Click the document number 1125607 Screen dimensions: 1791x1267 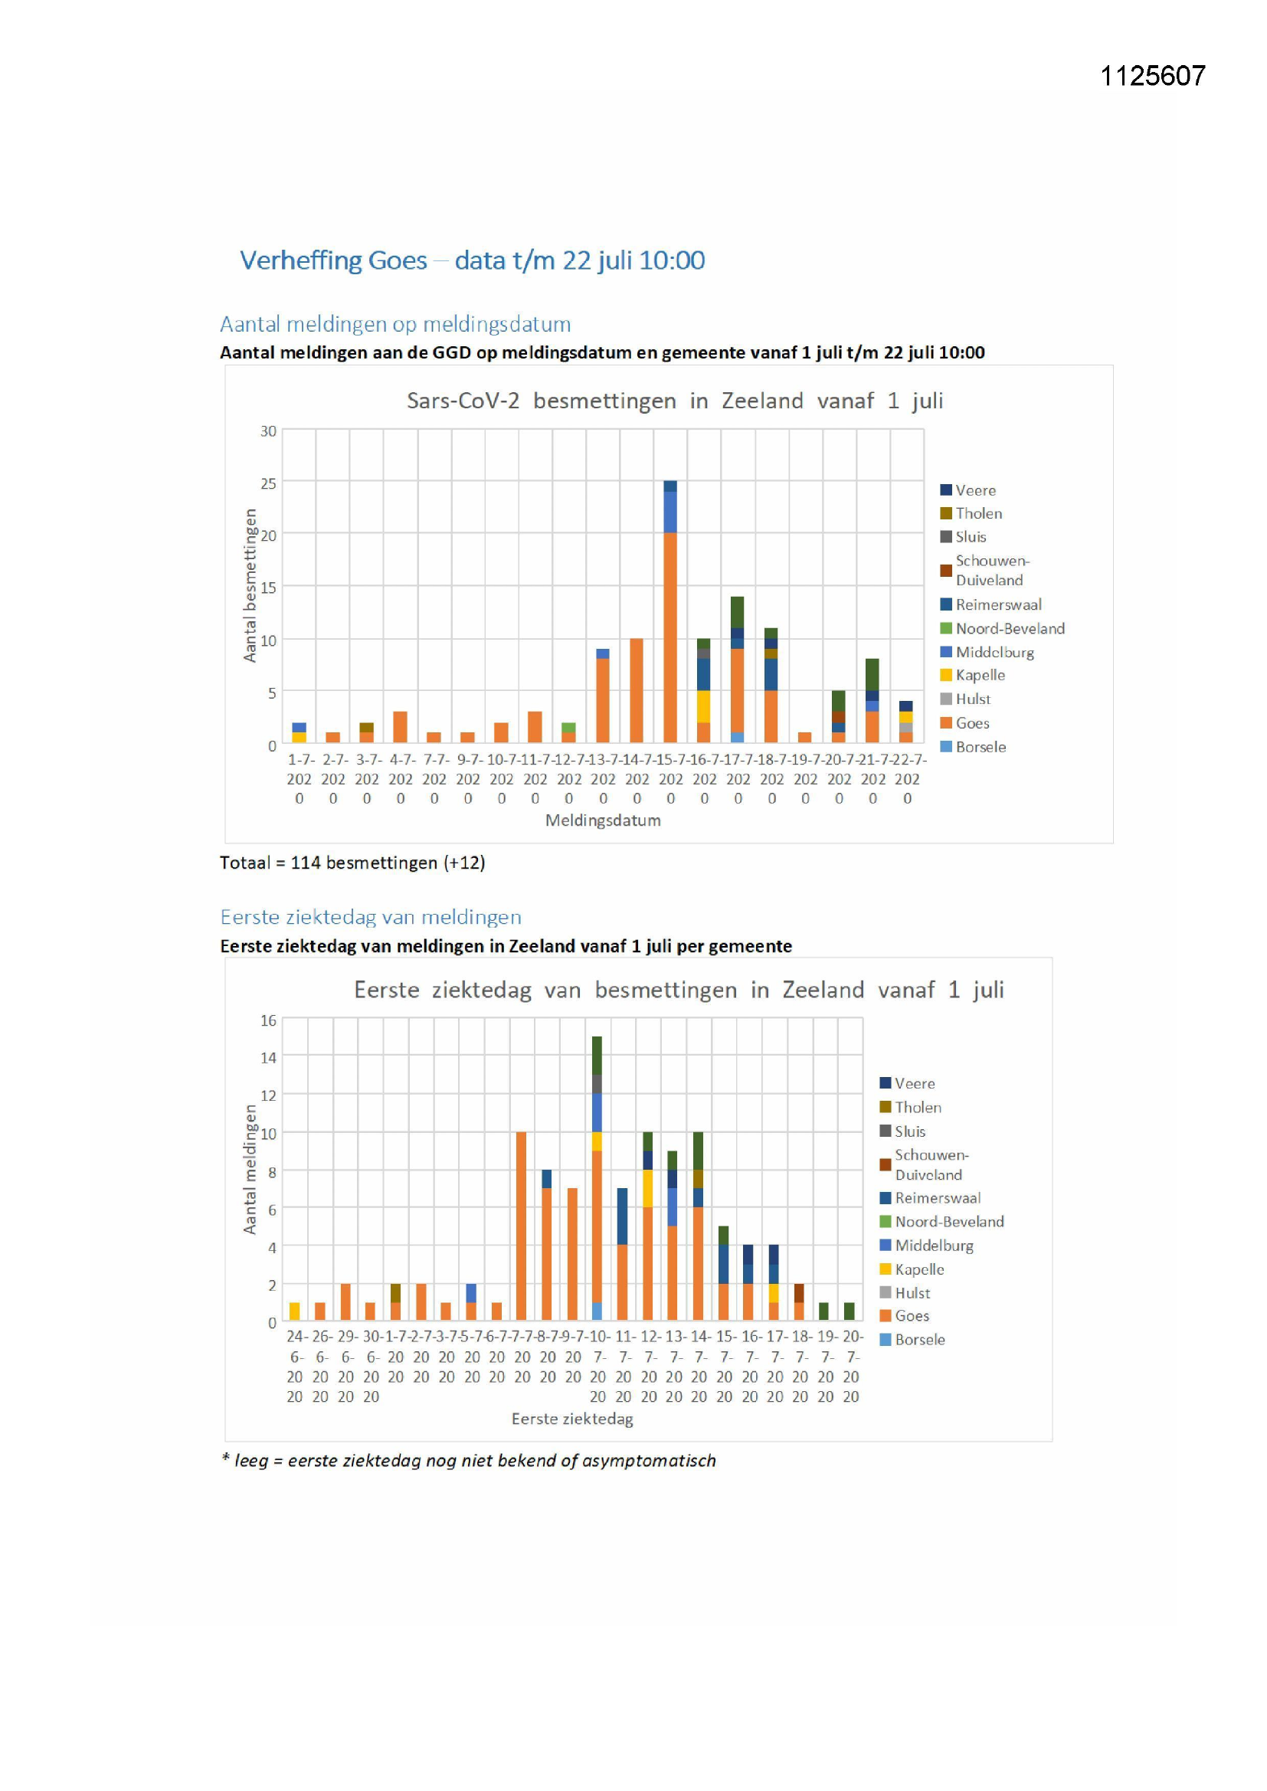click(x=1151, y=76)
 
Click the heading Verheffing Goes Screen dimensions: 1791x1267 click(x=333, y=260)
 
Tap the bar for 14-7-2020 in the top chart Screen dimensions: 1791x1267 click(x=637, y=690)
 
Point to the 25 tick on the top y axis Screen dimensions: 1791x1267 click(x=268, y=483)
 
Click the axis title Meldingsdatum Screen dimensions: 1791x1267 click(x=602, y=820)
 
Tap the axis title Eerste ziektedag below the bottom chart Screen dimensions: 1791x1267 click(x=572, y=1419)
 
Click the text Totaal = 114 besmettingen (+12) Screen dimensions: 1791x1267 click(x=352, y=863)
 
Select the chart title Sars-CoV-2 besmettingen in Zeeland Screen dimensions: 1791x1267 click(x=674, y=401)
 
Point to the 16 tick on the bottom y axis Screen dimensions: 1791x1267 click(x=268, y=1020)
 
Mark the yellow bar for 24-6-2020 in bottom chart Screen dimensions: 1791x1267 click(x=295, y=1311)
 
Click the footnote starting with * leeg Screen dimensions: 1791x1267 click(x=468, y=1460)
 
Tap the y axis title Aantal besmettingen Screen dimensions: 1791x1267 click(x=250, y=585)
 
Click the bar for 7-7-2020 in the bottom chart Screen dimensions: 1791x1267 click(x=521, y=1226)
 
